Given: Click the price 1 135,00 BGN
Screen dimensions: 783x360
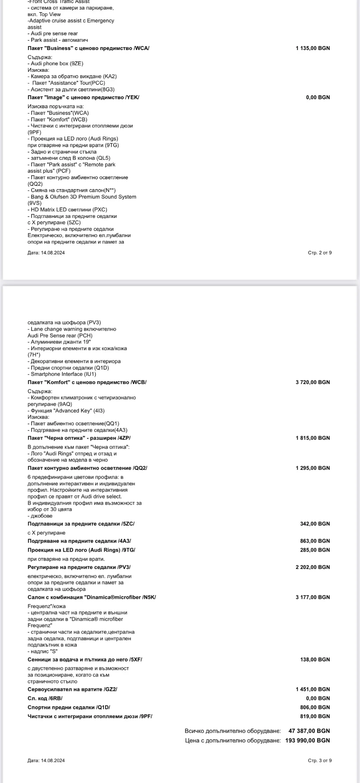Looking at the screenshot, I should [x=313, y=48].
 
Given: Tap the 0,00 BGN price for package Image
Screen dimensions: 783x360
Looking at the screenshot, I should [x=318, y=97].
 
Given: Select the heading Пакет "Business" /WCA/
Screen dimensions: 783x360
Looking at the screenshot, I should [x=88, y=48].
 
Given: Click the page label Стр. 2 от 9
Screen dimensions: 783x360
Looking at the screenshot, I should [x=320, y=253].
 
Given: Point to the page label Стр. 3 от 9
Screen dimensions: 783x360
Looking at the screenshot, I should [x=320, y=760].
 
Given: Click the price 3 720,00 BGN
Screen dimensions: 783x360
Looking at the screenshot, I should [x=313, y=382].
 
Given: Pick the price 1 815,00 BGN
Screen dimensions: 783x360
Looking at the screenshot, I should [x=313, y=438].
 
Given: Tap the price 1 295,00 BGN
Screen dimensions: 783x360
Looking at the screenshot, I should [x=313, y=468].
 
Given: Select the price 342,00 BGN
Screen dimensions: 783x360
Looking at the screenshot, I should [x=315, y=524].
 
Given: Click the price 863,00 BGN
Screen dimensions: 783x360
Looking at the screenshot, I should [x=315, y=541].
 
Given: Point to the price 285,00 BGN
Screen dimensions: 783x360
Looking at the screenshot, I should [x=315, y=550].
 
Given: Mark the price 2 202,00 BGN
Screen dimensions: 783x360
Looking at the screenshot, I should [x=313, y=567].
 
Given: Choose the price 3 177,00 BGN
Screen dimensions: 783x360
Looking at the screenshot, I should [x=313, y=597].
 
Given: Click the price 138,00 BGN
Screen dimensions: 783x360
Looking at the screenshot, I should [x=315, y=659].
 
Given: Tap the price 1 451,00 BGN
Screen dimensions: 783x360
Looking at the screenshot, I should [x=313, y=689].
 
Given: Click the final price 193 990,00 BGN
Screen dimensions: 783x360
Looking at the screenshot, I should [x=307, y=740].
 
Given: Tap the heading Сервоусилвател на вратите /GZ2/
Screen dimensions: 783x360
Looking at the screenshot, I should [x=73, y=689].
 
